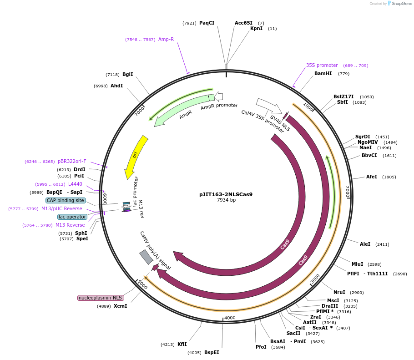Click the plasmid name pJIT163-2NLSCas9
click(226, 194)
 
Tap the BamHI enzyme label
click(323, 73)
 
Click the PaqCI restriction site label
click(207, 23)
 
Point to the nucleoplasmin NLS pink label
click(101, 298)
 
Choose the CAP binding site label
click(66, 200)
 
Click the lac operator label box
click(72, 217)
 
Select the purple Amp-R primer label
click(166, 39)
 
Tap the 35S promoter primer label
click(322, 65)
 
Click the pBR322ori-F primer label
click(72, 161)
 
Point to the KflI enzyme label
click(182, 344)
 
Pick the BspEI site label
click(212, 352)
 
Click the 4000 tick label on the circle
click(230, 318)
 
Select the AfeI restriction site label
click(372, 177)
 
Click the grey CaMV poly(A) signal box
click(146, 257)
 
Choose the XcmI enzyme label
click(120, 306)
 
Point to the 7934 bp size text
click(226, 200)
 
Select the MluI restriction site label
click(357, 264)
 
